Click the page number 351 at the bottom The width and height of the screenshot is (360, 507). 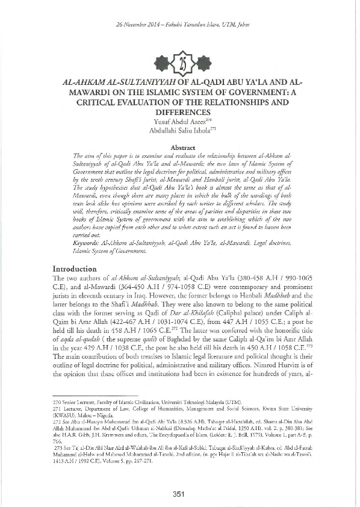(x=180, y=495)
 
